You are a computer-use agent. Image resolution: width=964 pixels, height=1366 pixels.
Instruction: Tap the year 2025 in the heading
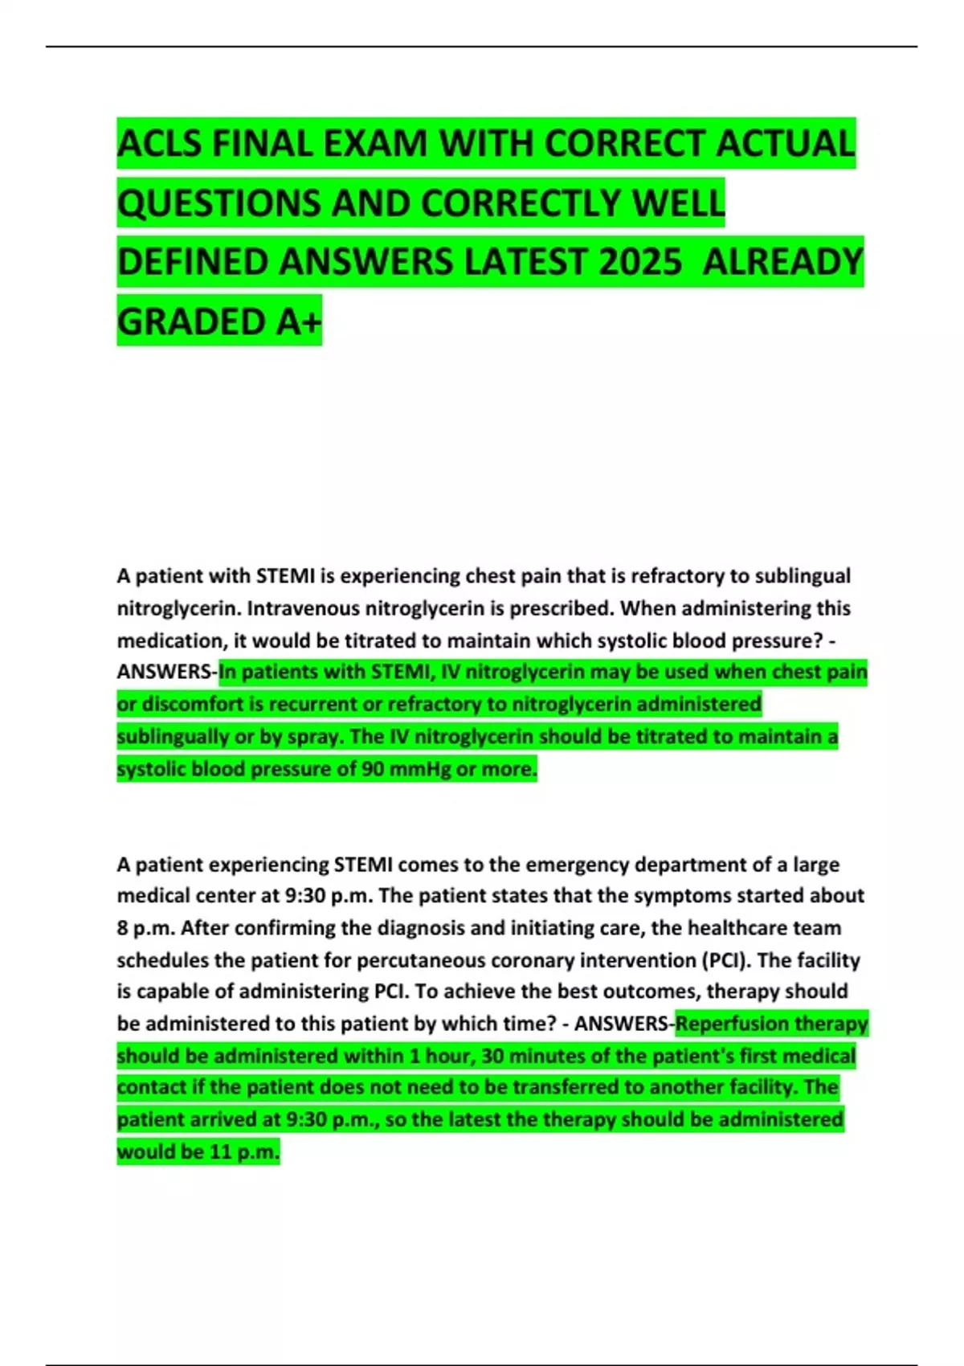639,263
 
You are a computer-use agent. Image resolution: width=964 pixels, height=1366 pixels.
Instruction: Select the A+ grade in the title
299,322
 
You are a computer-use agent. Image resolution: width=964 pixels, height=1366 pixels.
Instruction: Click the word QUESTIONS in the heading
219,204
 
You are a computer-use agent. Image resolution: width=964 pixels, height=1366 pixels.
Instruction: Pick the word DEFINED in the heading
192,263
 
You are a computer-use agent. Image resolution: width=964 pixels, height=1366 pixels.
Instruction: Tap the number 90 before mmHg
372,769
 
